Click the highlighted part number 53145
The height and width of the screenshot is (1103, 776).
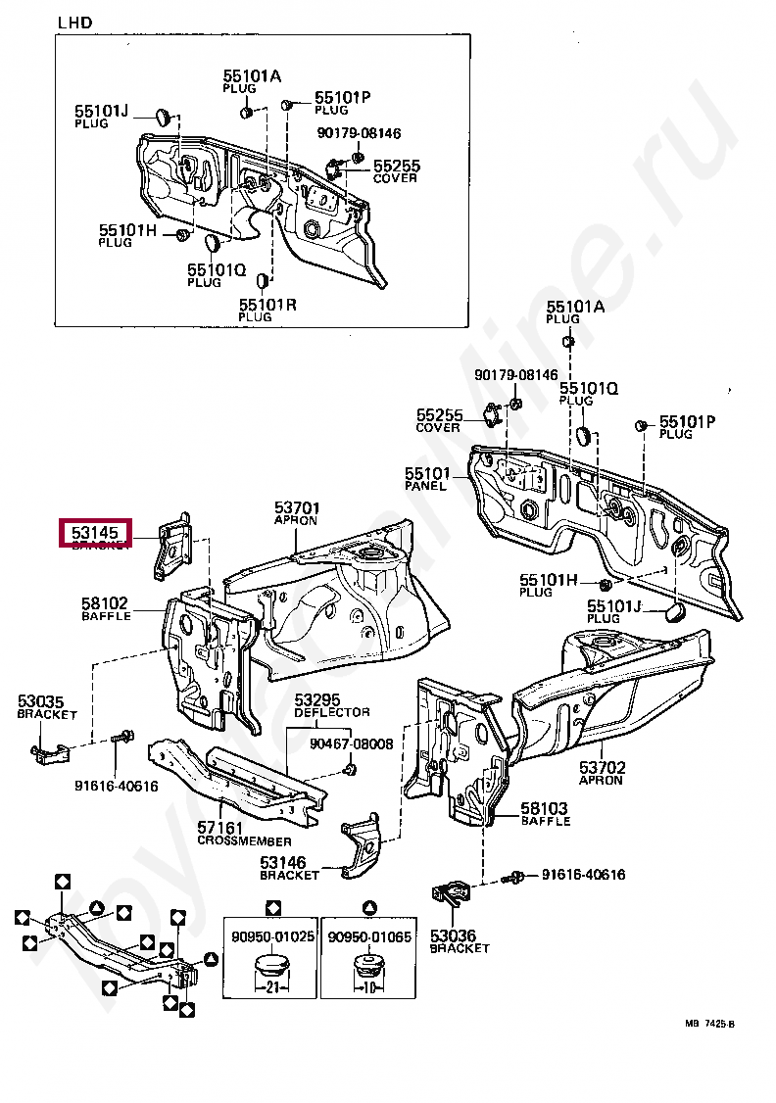point(95,533)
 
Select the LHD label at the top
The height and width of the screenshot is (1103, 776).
point(74,23)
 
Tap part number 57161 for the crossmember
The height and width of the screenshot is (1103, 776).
point(221,828)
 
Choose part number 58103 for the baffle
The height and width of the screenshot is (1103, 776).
point(545,808)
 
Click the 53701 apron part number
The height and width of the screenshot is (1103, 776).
point(297,507)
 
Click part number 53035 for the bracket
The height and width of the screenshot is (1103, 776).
point(40,701)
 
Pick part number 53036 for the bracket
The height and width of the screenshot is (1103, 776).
point(453,935)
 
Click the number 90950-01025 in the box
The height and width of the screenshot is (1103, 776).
point(273,936)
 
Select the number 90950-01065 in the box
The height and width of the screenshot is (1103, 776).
point(369,936)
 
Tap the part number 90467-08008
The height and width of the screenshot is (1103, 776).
point(352,744)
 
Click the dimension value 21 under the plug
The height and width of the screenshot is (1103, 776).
point(273,986)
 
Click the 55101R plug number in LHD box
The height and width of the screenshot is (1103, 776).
point(267,305)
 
